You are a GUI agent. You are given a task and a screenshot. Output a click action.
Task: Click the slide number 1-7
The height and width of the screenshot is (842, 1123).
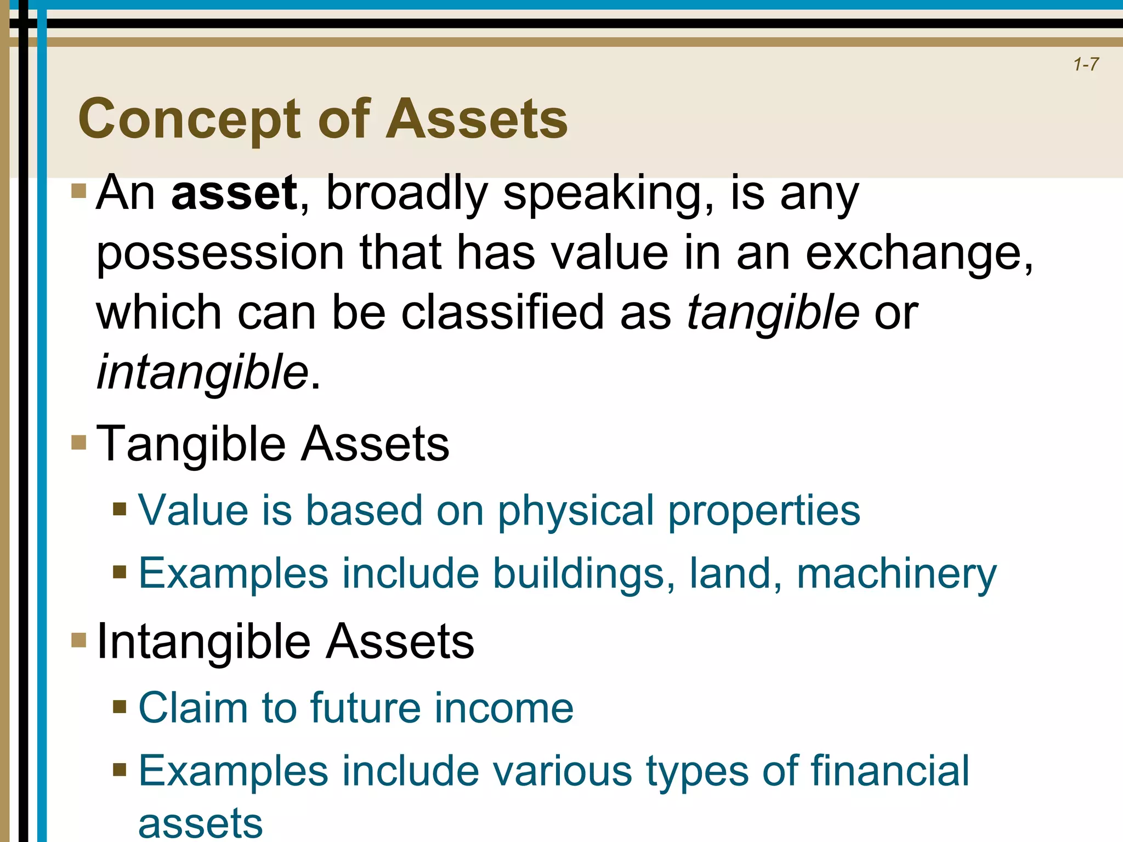pos(1086,65)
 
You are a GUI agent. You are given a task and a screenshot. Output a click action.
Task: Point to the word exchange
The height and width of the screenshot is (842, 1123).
pos(916,253)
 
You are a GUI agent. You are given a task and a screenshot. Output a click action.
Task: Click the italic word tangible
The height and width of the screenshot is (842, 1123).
pos(773,312)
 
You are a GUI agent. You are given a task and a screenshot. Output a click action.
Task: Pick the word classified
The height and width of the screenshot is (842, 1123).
pos(502,312)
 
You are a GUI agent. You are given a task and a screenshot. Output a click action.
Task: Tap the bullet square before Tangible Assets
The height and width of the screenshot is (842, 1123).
pos(79,442)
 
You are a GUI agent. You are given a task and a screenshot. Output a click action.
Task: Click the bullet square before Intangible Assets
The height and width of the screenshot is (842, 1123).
pos(79,640)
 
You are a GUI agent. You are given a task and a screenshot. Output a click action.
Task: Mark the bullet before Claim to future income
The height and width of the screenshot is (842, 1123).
pos(120,707)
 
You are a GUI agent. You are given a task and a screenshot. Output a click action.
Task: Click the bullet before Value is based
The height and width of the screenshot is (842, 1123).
pos(120,509)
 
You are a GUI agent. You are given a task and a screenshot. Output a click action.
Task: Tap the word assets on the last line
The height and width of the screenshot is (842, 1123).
pos(201,824)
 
